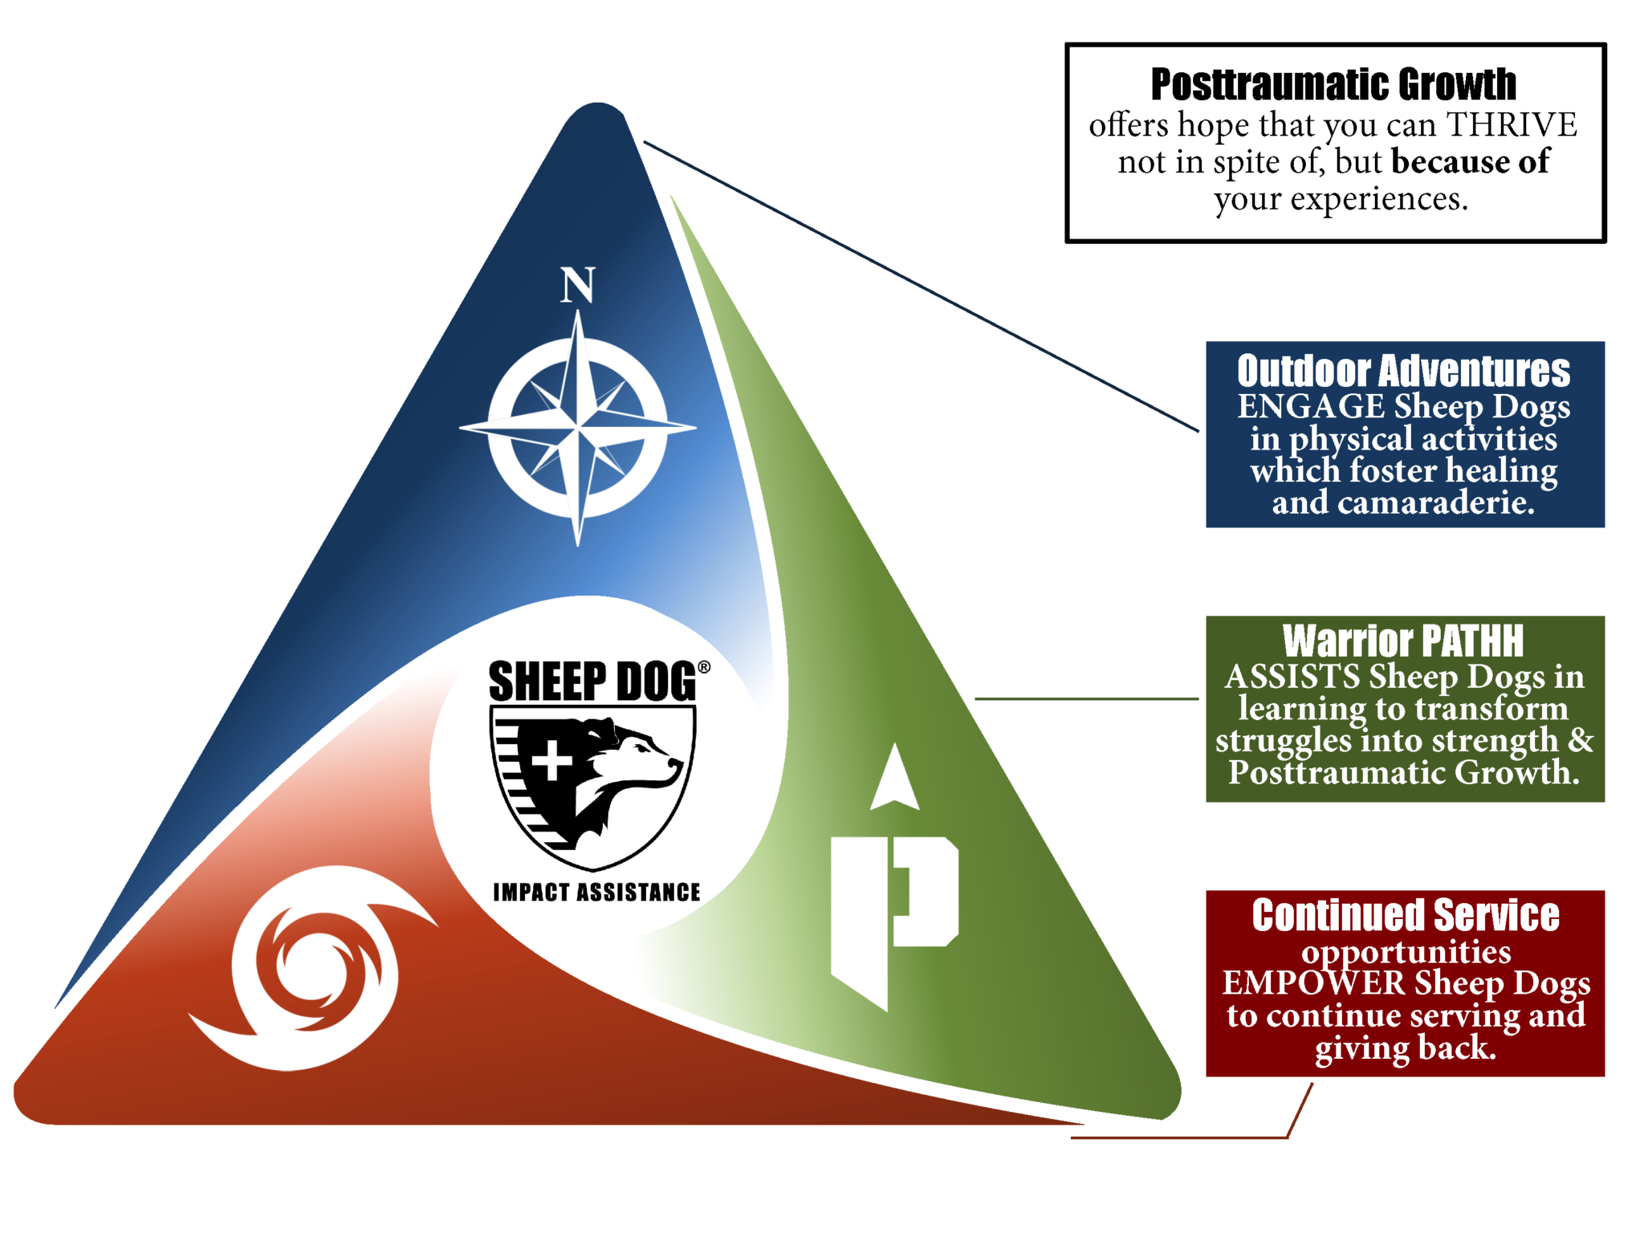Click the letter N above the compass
point(577,285)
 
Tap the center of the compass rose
point(578,427)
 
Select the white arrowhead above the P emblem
point(894,779)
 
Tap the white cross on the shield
point(551,759)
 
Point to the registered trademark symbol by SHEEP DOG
point(703,667)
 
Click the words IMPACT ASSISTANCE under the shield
point(596,892)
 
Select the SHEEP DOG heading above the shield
point(592,682)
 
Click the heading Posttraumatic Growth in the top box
point(1333,84)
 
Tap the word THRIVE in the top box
point(1511,124)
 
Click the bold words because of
point(1470,162)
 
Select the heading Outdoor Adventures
point(1403,371)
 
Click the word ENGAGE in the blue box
point(1310,406)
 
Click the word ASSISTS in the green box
point(1292,677)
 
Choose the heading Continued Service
point(1405,915)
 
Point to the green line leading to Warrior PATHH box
point(1085,698)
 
